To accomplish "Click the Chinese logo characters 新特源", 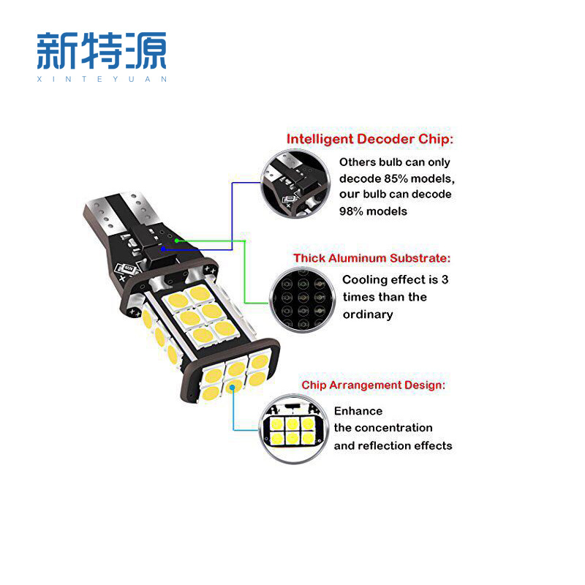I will point(102,50).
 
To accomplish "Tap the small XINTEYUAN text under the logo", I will point(102,79).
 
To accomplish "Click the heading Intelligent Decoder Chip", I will point(369,139).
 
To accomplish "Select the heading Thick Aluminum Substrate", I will point(372,258).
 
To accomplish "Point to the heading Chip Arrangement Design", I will point(373,385).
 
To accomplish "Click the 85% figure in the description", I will point(395,178).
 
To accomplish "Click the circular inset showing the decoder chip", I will point(292,184).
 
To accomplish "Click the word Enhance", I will point(358,411).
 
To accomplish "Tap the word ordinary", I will point(368,314).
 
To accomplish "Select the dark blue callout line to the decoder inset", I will point(233,212).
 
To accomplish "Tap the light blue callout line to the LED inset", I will point(233,409).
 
